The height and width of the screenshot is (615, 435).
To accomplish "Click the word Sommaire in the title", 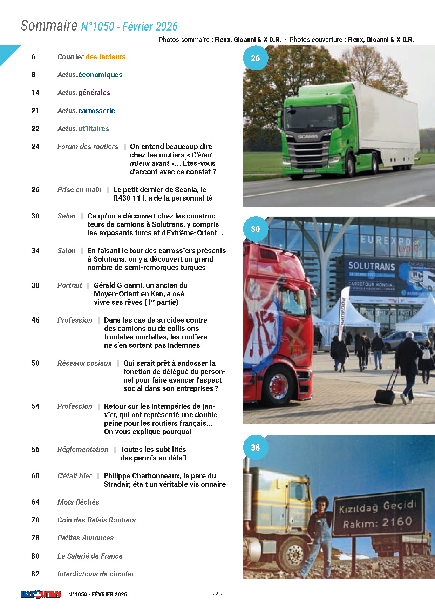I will point(49,26).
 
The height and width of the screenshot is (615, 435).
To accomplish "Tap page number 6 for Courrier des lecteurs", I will point(33,57).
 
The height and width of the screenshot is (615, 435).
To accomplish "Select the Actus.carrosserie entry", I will point(86,111).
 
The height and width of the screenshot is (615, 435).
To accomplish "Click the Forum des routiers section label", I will point(88,147).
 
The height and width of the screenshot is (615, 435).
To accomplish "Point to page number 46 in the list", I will point(35,320).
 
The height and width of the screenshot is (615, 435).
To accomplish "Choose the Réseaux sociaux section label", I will point(84,363).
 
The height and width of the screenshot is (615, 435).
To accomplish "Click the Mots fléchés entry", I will point(78,502).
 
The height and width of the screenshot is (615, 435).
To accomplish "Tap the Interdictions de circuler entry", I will point(96,574).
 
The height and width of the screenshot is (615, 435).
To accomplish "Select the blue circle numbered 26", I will point(256,58).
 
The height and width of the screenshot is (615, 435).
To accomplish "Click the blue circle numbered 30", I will point(256,229).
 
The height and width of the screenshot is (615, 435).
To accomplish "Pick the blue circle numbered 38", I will point(256,447).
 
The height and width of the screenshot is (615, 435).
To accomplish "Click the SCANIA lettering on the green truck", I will point(307,137).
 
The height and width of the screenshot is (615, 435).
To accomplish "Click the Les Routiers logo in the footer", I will point(41,594).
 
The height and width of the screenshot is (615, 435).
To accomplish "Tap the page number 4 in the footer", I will point(217,594).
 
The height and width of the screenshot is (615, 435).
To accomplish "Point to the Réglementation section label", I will point(83,450).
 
